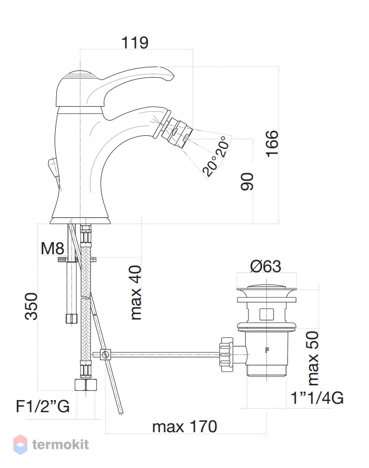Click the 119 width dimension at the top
click(135, 43)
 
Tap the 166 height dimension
click(272, 144)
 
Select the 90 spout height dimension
click(247, 181)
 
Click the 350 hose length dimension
click(31, 306)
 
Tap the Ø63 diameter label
click(265, 266)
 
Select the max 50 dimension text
click(313, 358)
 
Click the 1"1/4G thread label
click(317, 398)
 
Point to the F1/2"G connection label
click(43, 406)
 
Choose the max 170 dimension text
click(184, 426)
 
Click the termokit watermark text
click(61, 444)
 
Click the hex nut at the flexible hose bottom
click(86, 384)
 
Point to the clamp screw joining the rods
click(105, 355)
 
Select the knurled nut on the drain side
click(226, 355)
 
